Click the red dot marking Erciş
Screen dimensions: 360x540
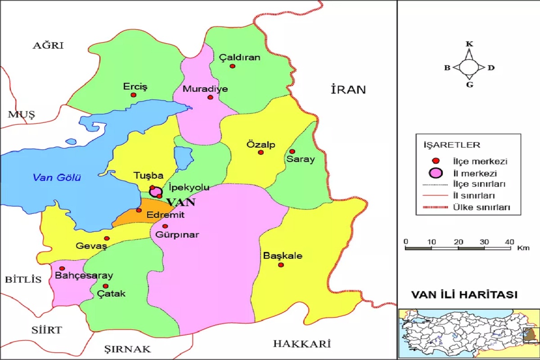pyautogui.click(x=133, y=95)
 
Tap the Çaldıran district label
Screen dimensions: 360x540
pyautogui.click(x=233, y=58)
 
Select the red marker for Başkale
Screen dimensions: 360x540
pyautogui.click(x=281, y=265)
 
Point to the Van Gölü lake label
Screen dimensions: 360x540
pyautogui.click(x=57, y=178)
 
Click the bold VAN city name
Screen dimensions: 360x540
pyautogui.click(x=180, y=202)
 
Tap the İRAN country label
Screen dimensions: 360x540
pyautogui.click(x=348, y=90)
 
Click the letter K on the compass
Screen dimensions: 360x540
pyautogui.click(x=469, y=44)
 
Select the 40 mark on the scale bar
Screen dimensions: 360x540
pyautogui.click(x=509, y=242)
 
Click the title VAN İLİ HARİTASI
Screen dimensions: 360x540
pyautogui.click(x=464, y=295)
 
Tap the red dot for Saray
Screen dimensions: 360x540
pyautogui.click(x=292, y=151)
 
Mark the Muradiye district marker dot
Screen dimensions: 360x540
pyautogui.click(x=210, y=97)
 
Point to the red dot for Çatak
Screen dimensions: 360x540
pyautogui.click(x=105, y=286)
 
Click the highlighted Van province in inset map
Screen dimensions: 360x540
pyautogui.click(x=531, y=335)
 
